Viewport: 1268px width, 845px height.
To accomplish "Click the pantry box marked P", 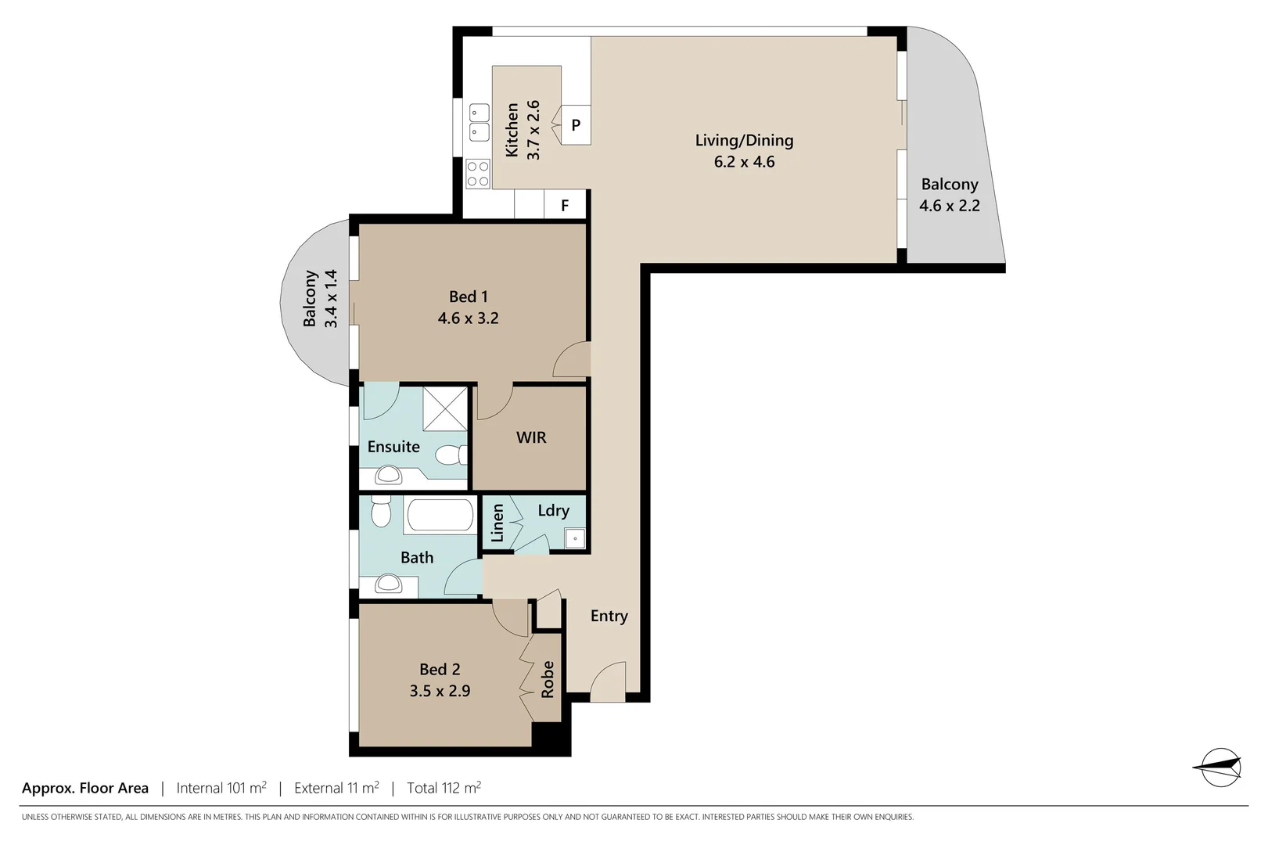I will [x=576, y=125].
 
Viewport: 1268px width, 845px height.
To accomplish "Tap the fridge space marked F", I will [x=565, y=206].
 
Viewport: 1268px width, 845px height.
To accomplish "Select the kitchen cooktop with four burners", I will [x=478, y=174].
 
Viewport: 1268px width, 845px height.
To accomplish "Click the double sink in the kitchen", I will [x=479, y=124].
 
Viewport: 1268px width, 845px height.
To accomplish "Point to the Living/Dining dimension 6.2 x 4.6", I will [x=744, y=162].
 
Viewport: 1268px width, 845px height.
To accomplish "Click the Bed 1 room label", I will [x=468, y=297].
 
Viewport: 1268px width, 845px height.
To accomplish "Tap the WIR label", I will [x=531, y=437].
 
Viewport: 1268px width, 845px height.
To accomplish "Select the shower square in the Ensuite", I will [x=444, y=408].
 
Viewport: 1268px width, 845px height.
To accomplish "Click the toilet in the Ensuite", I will [x=451, y=455].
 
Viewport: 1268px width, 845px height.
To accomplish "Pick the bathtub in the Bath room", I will [x=440, y=516].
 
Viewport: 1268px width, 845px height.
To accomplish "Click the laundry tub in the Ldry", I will [x=575, y=538].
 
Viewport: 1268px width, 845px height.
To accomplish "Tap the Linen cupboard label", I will [x=497, y=523].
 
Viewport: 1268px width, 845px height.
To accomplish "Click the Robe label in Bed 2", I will [x=548, y=679].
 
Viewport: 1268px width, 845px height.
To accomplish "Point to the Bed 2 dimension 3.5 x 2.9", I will [x=440, y=691].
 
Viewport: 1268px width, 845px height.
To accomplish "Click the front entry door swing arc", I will [x=607, y=681].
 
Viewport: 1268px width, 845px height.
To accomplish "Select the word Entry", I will [x=609, y=616].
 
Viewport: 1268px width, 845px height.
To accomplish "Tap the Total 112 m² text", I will [x=444, y=788].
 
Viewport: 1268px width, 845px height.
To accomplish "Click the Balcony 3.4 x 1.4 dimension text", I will [x=331, y=298].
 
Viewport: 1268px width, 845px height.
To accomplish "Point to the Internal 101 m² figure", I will [x=221, y=788].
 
